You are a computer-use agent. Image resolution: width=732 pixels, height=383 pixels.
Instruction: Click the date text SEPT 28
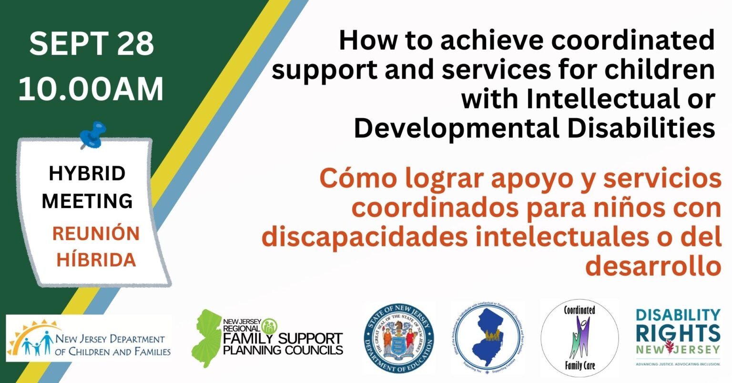tap(91, 44)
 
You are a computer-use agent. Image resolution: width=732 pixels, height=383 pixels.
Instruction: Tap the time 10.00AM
tap(91, 89)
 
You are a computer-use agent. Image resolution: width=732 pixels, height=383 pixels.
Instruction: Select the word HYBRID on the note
tap(87, 174)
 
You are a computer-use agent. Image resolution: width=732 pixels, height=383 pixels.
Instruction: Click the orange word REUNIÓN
tap(96, 234)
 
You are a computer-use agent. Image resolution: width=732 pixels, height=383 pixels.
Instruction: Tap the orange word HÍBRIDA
tap(96, 260)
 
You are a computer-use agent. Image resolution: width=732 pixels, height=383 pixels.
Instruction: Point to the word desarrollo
tap(653, 267)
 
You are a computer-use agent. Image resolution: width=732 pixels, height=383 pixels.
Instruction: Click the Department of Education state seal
tap(398, 339)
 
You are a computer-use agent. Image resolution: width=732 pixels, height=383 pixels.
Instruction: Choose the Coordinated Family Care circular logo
tap(579, 338)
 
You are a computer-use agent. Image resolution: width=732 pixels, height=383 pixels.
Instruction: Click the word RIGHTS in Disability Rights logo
tap(678, 333)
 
